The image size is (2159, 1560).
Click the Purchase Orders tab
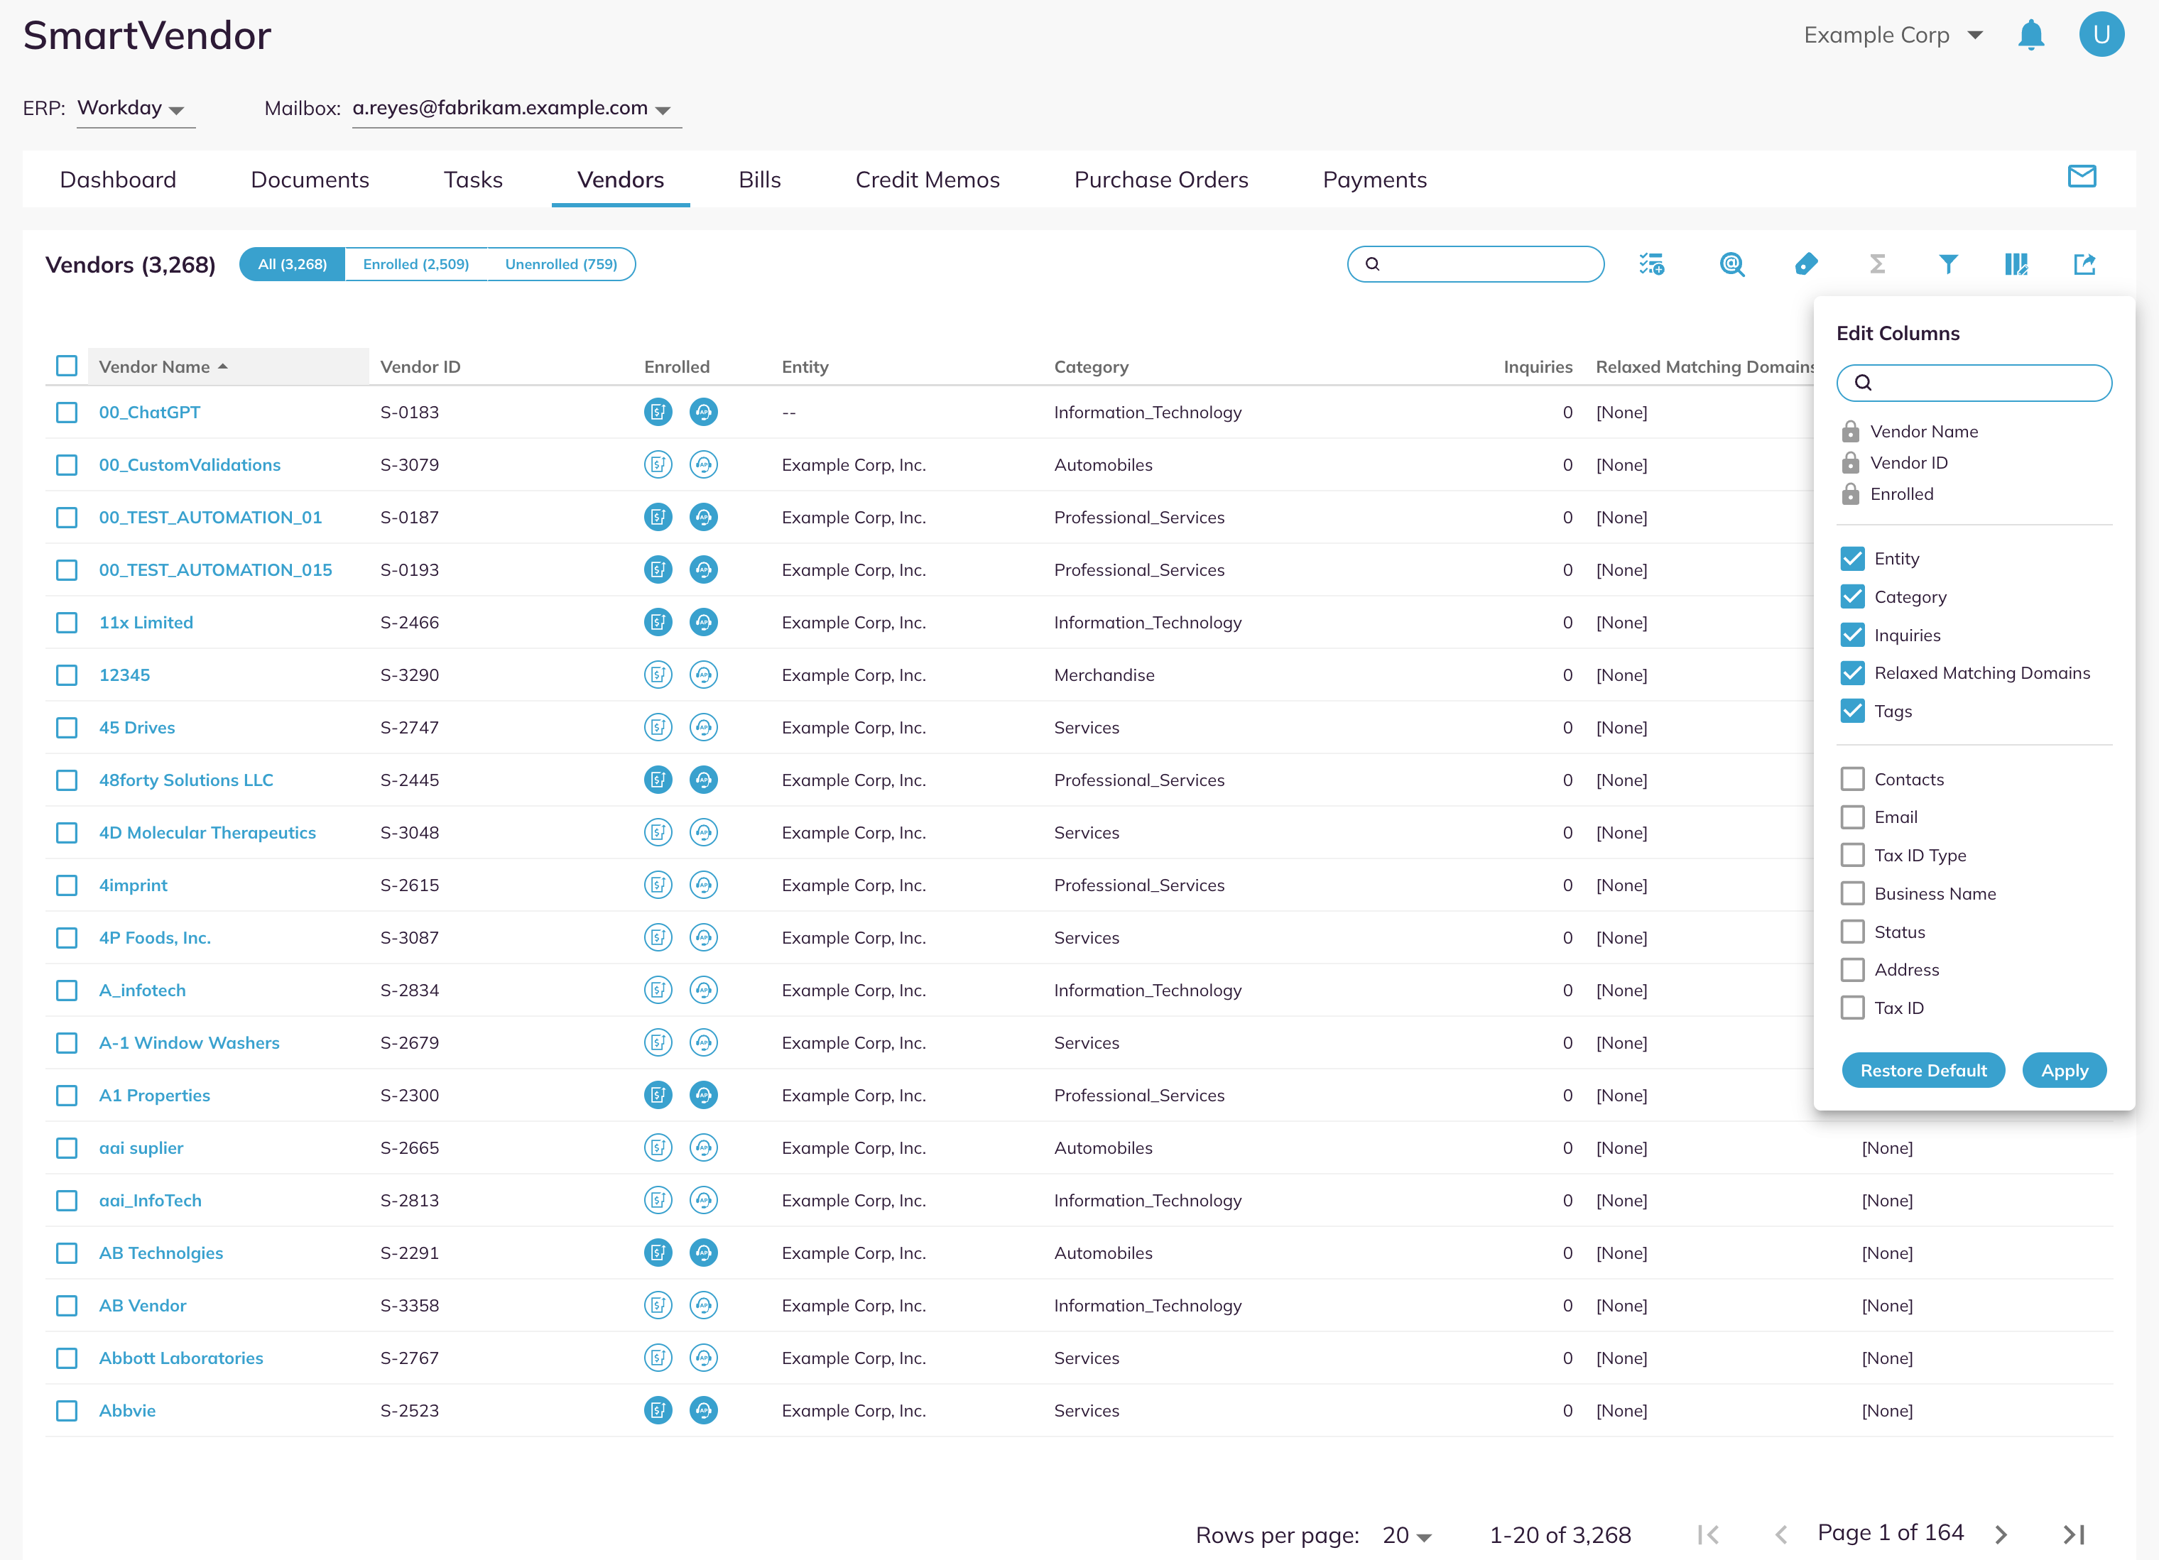point(1160,180)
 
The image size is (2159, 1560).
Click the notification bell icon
point(2030,36)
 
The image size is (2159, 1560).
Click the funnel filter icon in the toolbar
point(1947,263)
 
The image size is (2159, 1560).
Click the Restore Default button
point(1923,1070)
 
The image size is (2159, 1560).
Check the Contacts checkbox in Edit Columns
point(1851,778)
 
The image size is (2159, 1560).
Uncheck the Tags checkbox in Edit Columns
point(1851,711)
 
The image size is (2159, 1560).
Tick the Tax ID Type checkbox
point(1851,855)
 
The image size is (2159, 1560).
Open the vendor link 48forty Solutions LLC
point(185,780)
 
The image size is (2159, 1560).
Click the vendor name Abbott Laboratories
point(181,1357)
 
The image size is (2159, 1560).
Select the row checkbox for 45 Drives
point(67,727)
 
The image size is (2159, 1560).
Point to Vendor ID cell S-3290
point(409,675)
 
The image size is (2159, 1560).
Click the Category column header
point(1091,366)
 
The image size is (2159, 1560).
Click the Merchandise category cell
point(1104,675)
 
